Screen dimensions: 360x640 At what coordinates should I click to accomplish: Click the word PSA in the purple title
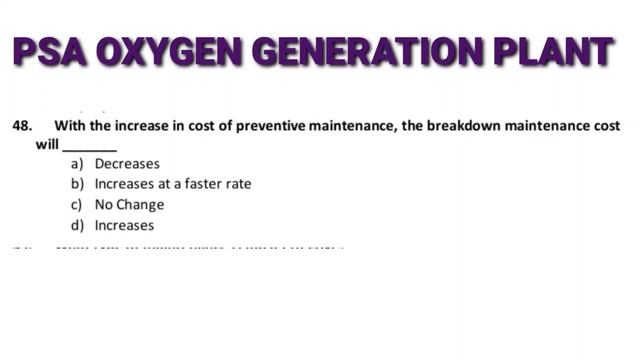point(49,51)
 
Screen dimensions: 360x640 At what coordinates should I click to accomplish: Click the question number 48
point(22,126)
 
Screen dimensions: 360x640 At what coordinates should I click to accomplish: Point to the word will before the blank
point(47,144)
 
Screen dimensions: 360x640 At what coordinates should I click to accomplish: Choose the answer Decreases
point(127,164)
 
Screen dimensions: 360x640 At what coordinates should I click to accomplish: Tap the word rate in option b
point(237,184)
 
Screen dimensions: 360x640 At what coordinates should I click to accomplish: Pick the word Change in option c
point(141,205)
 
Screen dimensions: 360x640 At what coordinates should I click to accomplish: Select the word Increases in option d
point(124,226)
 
